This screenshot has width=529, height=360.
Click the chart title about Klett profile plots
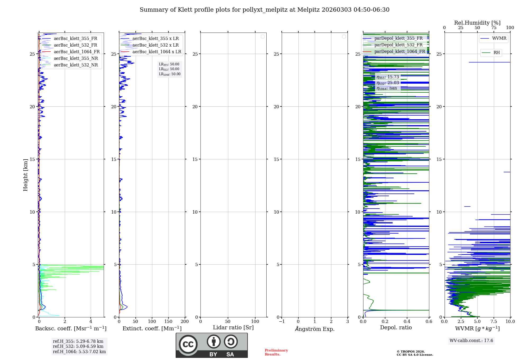coord(264,10)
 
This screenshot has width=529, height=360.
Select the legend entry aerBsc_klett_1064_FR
coord(76,52)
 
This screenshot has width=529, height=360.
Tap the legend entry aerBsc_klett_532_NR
coord(76,65)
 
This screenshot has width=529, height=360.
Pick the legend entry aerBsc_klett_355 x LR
coord(155,39)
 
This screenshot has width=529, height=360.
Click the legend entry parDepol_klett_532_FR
coord(398,45)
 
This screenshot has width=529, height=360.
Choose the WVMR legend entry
coord(499,38)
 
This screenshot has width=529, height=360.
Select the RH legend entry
coord(496,53)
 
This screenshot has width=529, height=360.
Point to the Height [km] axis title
coord(25,175)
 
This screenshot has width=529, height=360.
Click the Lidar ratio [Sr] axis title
coord(233,328)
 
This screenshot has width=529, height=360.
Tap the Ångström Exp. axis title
coord(314,329)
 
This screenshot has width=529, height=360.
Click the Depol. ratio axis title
coord(396,328)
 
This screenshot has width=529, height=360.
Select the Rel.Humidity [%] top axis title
coord(477,23)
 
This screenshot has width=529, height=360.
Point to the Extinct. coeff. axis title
coord(152,328)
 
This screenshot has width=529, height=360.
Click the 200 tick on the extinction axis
coord(185,322)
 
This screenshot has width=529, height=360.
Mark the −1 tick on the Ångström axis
coord(282,322)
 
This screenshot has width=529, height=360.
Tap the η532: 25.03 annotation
coord(388,83)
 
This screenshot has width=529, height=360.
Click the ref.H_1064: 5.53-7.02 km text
coord(79,352)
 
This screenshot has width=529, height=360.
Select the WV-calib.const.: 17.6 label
coord(471,341)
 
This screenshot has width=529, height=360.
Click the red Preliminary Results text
coord(276,352)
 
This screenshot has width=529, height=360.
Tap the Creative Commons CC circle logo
coord(188,344)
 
